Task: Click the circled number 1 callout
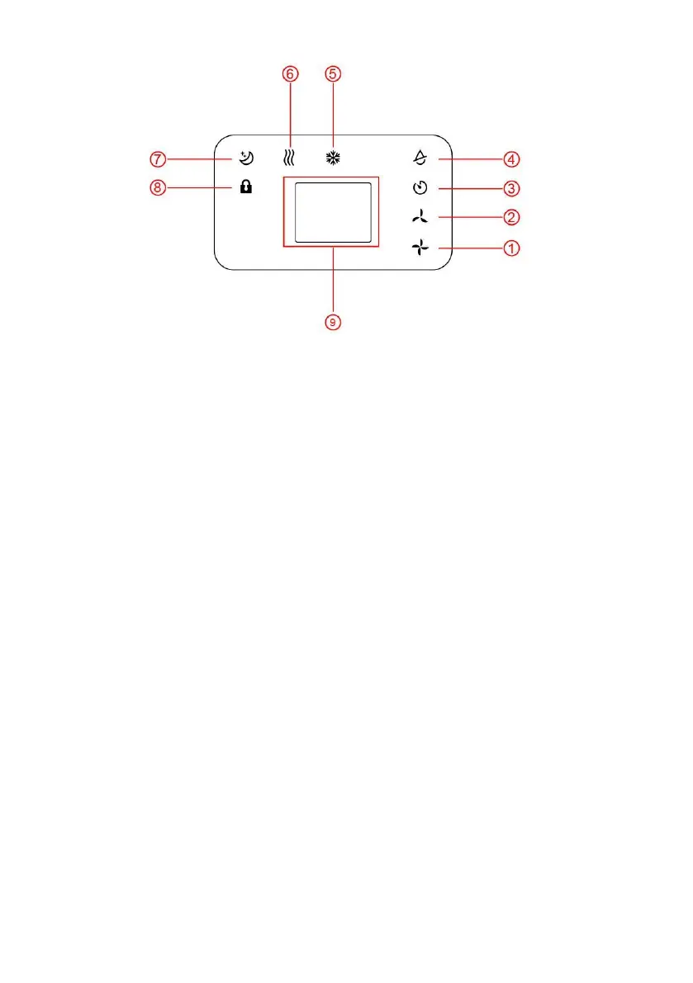(511, 248)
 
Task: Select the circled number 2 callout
(511, 218)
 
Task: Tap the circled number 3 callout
(511, 188)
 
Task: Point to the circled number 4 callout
(511, 158)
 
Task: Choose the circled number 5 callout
(332, 73)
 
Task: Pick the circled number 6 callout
(289, 73)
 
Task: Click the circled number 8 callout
(157, 187)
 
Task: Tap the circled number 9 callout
(332, 322)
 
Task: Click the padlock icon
(245, 187)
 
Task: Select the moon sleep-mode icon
(245, 157)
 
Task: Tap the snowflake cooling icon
(332, 157)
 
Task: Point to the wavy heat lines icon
(289, 157)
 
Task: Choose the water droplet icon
(421, 158)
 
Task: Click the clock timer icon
(421, 188)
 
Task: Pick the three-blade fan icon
(421, 218)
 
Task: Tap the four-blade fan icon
(421, 248)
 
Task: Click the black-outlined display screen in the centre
(332, 212)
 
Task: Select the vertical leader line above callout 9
(332, 281)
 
